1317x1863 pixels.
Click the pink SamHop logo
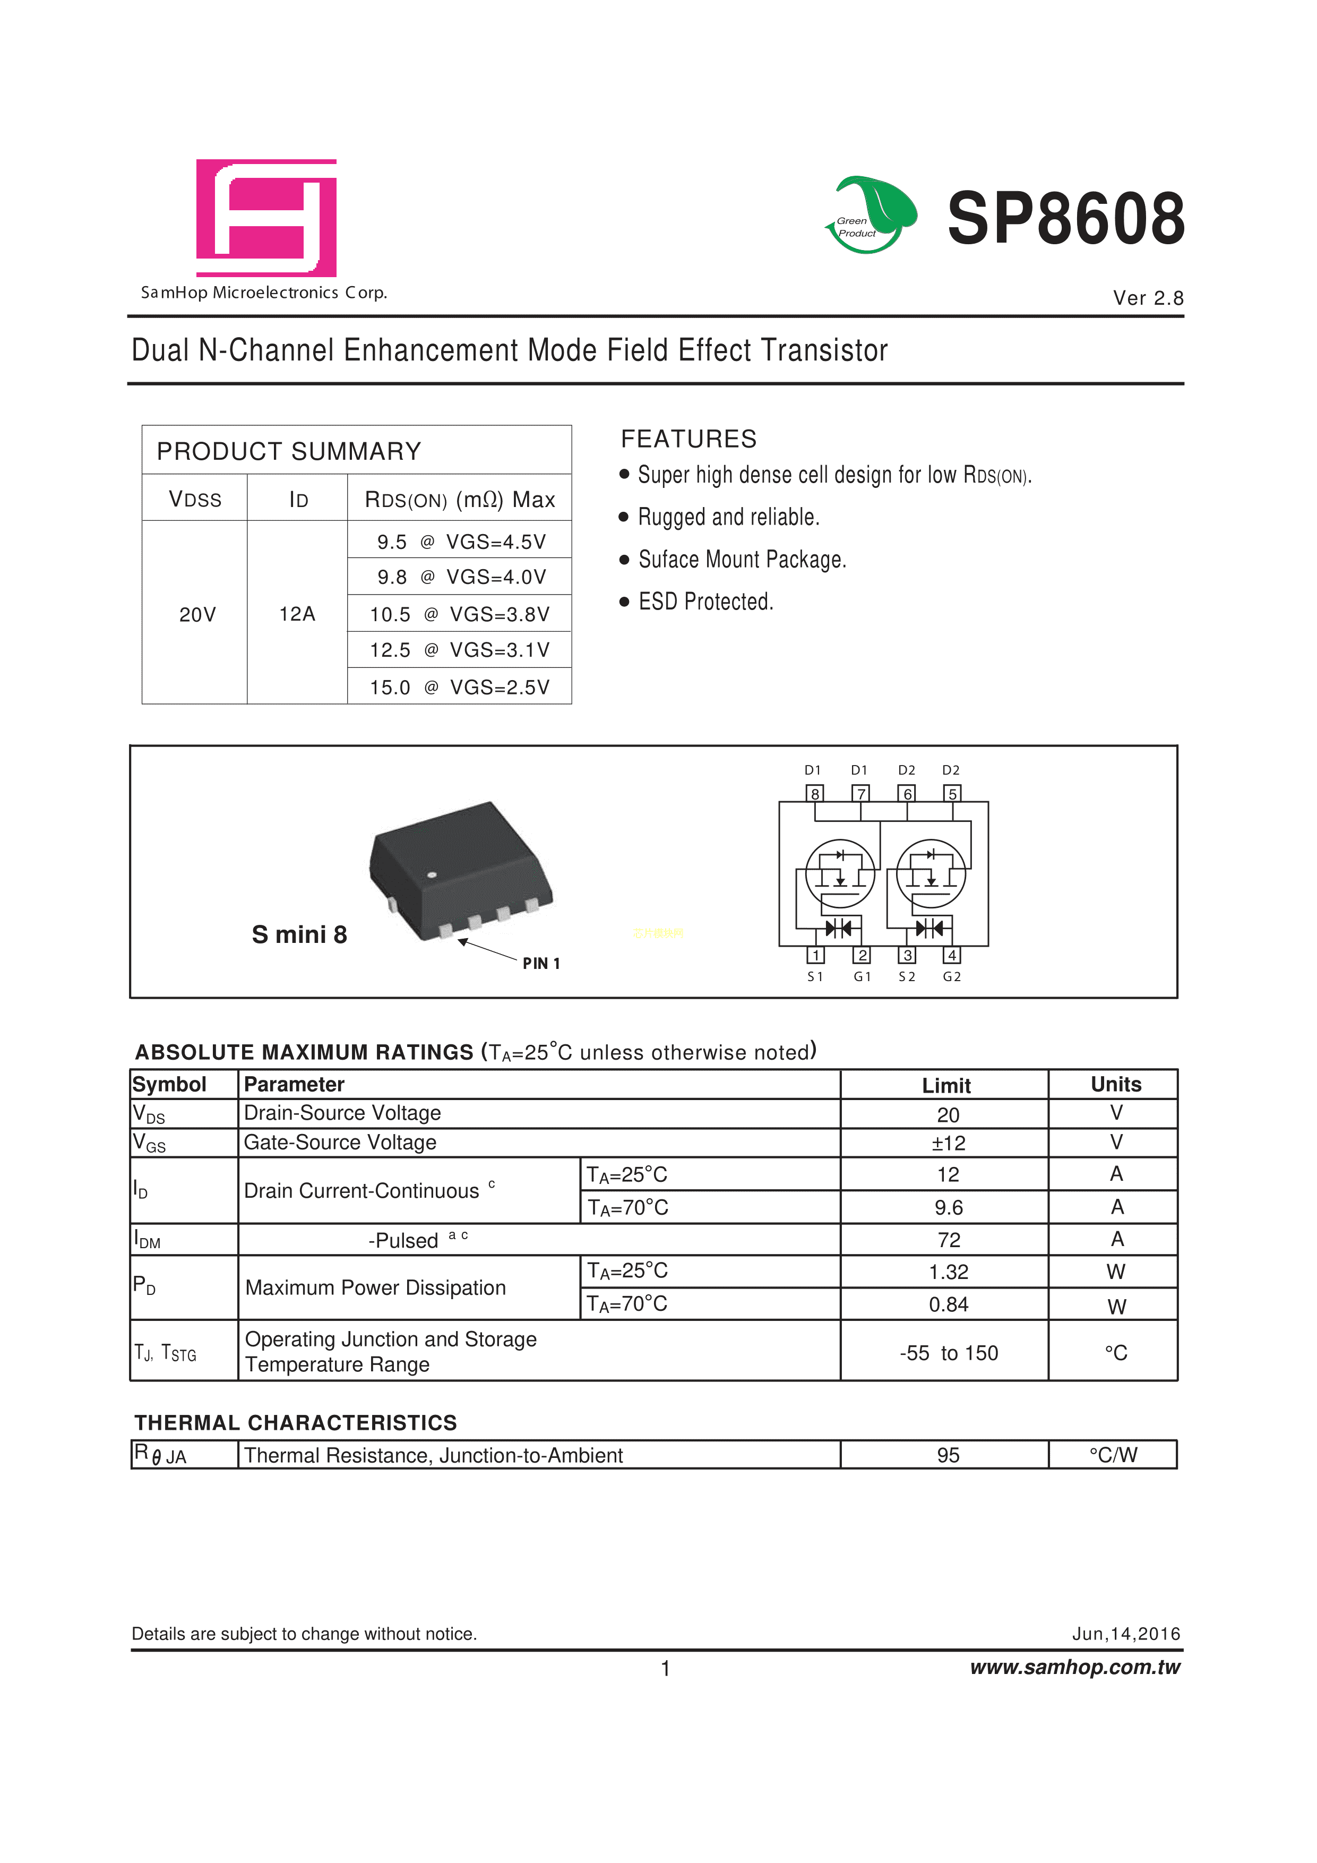[x=266, y=218]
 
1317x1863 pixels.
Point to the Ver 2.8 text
[x=1148, y=298]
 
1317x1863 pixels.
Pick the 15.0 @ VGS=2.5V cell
[x=459, y=687]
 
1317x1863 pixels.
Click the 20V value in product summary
[x=197, y=614]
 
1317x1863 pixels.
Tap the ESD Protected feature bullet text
[x=705, y=601]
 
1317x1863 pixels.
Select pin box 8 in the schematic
[x=815, y=794]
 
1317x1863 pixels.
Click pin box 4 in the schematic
[x=953, y=955]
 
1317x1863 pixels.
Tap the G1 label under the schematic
[x=862, y=977]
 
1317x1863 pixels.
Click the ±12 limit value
[x=948, y=1143]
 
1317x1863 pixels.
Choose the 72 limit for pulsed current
[x=948, y=1240]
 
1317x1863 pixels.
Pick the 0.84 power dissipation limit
[x=948, y=1305]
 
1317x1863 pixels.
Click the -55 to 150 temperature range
[x=948, y=1353]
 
